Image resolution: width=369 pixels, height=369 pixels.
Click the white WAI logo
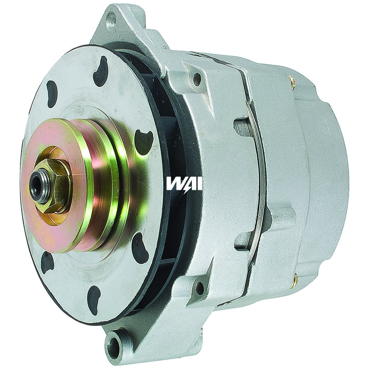pyautogui.click(x=184, y=183)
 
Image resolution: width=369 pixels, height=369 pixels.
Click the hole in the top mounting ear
pyautogui.click(x=111, y=21)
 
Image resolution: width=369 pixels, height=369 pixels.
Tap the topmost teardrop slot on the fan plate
pyautogui.click(x=100, y=71)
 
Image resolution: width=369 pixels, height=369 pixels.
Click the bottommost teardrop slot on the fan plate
pyautogui.click(x=94, y=299)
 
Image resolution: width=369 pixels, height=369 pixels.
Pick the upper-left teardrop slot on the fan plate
pyautogui.click(x=52, y=93)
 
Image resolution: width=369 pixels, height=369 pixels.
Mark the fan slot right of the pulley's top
pyautogui.click(x=143, y=141)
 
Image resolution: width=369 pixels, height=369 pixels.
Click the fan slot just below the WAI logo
pyautogui.click(x=140, y=248)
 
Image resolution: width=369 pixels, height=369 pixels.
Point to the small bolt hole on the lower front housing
pyautogui.click(x=200, y=288)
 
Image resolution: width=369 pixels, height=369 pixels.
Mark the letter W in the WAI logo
pyautogui.click(x=174, y=183)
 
